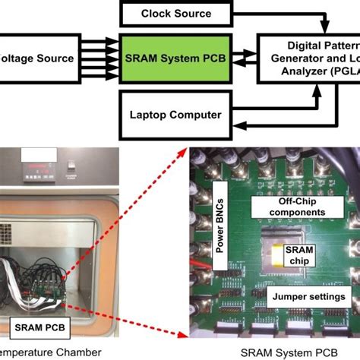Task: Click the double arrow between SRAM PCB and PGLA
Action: (x=247, y=55)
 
